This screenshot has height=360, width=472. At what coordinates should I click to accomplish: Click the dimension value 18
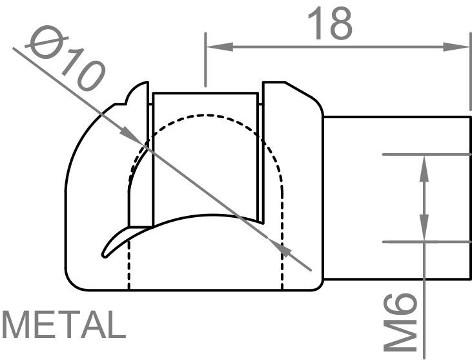[330, 24]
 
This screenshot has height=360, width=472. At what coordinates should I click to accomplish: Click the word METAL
[63, 325]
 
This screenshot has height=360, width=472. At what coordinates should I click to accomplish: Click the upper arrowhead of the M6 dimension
[424, 164]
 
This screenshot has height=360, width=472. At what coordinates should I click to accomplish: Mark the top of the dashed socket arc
[206, 116]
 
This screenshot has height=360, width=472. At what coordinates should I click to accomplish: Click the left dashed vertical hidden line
[130, 265]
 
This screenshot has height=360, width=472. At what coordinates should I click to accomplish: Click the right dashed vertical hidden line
[283, 265]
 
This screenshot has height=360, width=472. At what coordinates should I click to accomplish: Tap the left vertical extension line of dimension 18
[205, 65]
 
